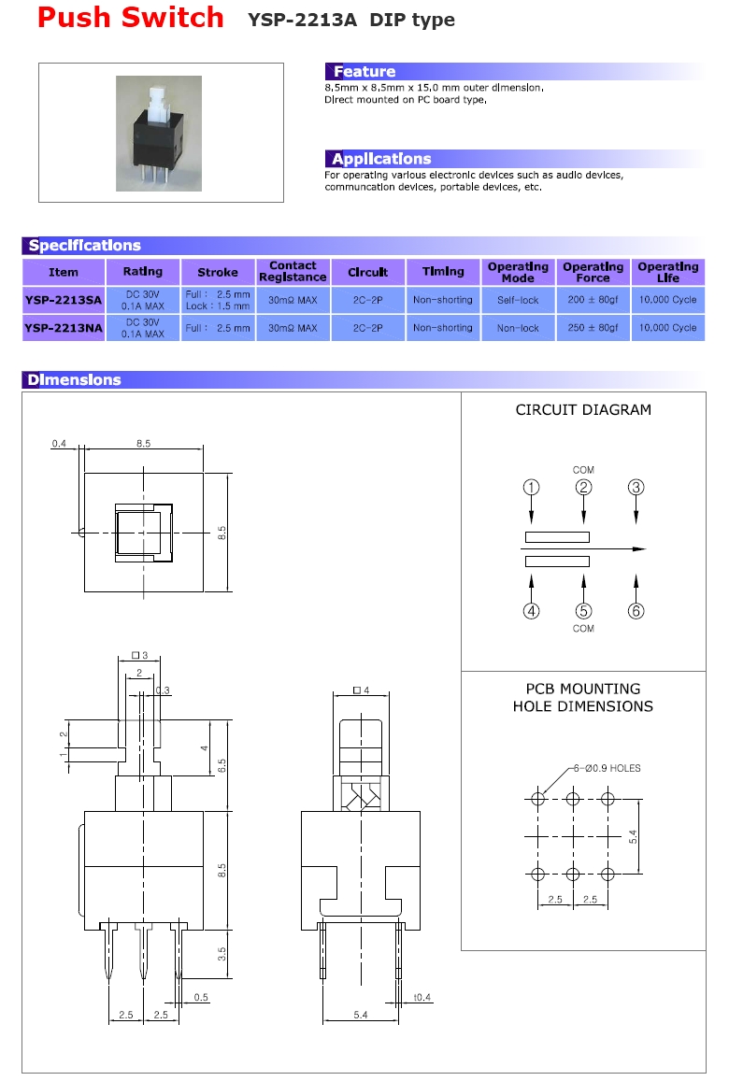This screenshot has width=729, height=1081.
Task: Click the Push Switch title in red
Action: pos(131,18)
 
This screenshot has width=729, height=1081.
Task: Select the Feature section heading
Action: pos(364,72)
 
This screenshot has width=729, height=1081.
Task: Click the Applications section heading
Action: pos(381,159)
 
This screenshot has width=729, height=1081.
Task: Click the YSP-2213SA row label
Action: pos(64,300)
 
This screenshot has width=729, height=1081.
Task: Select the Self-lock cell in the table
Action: pos(518,300)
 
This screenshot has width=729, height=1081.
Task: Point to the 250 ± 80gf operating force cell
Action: pos(593,328)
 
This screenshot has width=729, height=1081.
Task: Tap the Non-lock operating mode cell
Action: pos(518,328)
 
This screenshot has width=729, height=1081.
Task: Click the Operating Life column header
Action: pos(667,272)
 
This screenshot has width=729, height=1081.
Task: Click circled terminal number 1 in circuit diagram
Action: pos(531,487)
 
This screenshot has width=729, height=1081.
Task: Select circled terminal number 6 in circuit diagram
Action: pos(636,611)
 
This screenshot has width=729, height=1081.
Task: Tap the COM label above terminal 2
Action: pos(583,470)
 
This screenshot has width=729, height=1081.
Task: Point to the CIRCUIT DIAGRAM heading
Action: pos(583,409)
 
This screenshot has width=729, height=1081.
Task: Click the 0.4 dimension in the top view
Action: pos(59,445)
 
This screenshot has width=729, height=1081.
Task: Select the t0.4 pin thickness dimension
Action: pos(422,997)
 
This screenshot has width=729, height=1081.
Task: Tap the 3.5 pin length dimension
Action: pos(222,954)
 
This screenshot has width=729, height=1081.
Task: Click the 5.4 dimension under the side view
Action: pos(361,1015)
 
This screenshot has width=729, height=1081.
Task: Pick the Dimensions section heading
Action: pos(74,380)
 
